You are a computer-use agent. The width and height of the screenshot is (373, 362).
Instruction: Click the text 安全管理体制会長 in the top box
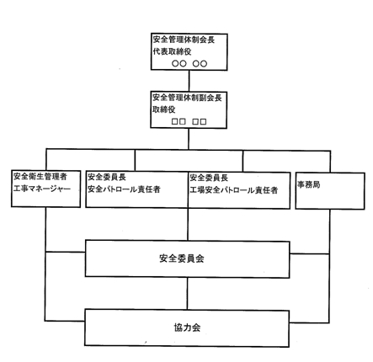click(x=184, y=40)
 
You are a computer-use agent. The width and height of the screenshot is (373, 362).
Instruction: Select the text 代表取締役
click(x=173, y=51)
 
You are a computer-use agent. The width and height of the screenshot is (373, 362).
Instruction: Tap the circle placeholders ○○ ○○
click(x=189, y=64)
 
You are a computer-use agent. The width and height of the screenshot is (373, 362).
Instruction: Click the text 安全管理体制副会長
click(x=187, y=98)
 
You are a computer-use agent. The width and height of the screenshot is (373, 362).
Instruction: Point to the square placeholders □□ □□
click(x=189, y=121)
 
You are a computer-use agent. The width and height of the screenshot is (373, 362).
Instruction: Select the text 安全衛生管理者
click(x=40, y=177)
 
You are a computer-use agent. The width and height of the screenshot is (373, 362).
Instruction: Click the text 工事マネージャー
click(x=42, y=189)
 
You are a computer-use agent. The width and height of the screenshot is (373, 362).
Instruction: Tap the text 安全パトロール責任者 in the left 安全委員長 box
click(x=124, y=189)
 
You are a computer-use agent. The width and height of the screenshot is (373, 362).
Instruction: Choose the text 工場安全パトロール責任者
click(x=234, y=190)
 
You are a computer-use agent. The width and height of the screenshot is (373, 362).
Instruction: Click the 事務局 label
click(x=309, y=184)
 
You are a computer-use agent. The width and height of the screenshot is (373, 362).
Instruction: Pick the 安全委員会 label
click(x=182, y=258)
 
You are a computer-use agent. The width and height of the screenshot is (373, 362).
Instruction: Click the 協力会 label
click(x=187, y=327)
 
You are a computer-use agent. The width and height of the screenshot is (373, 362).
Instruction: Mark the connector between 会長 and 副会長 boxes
click(x=189, y=81)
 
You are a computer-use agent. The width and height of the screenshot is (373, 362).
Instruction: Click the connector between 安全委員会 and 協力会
click(x=188, y=294)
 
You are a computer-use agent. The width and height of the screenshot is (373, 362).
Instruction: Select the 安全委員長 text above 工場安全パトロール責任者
click(x=209, y=178)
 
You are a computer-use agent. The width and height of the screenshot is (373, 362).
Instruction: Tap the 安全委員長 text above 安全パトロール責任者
click(x=107, y=177)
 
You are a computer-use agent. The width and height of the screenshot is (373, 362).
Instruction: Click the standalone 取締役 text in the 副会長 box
click(x=164, y=109)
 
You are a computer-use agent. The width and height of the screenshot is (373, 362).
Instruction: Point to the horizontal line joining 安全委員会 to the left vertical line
click(x=66, y=252)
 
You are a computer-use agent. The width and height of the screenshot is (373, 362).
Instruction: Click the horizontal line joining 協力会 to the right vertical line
click(x=309, y=322)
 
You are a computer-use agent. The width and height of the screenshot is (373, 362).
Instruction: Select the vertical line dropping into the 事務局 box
click(x=330, y=162)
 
